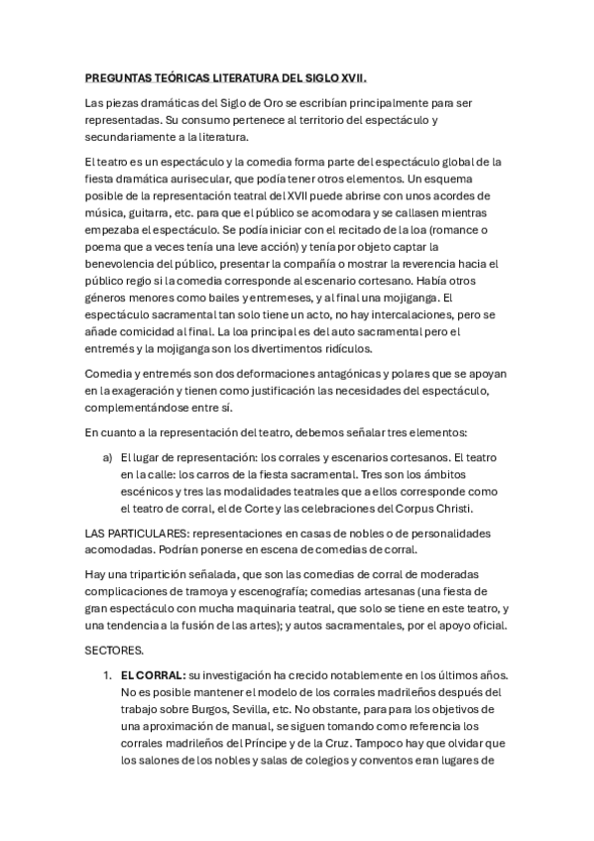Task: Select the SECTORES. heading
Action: pos(114,651)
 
